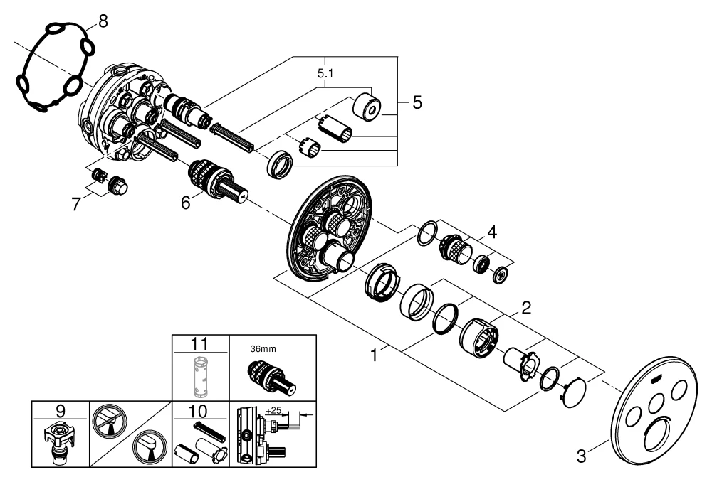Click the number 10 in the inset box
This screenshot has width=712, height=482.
202,410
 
